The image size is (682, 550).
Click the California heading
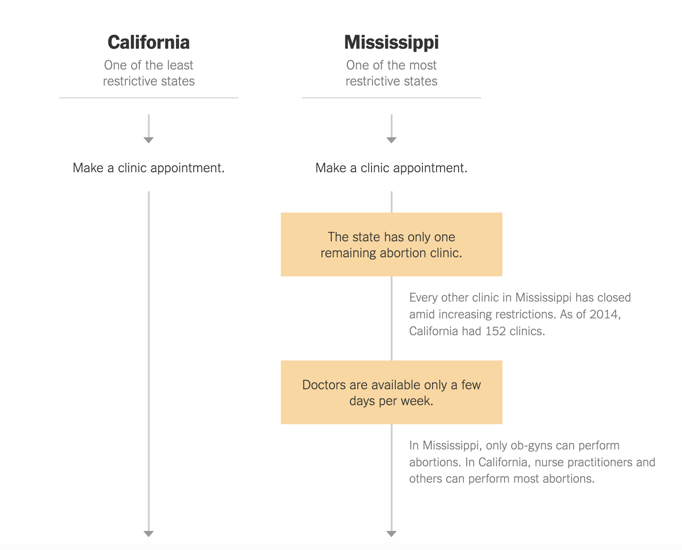tap(149, 42)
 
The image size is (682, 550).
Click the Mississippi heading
tap(391, 43)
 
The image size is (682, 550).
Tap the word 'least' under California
tap(180, 65)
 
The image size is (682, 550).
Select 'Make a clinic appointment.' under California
tap(149, 168)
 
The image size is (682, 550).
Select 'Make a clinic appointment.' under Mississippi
tap(391, 168)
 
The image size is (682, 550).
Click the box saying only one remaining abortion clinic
tap(391, 244)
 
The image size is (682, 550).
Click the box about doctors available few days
tap(391, 392)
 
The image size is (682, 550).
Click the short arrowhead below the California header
tap(149, 140)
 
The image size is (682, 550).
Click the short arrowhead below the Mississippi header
tap(391, 140)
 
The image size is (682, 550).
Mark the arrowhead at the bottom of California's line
tap(149, 534)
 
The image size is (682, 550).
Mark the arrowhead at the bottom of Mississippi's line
tap(391, 534)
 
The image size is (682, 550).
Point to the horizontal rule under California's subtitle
tap(149, 98)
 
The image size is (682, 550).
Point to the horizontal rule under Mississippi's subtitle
tap(391, 98)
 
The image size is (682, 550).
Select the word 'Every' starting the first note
tap(423, 298)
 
